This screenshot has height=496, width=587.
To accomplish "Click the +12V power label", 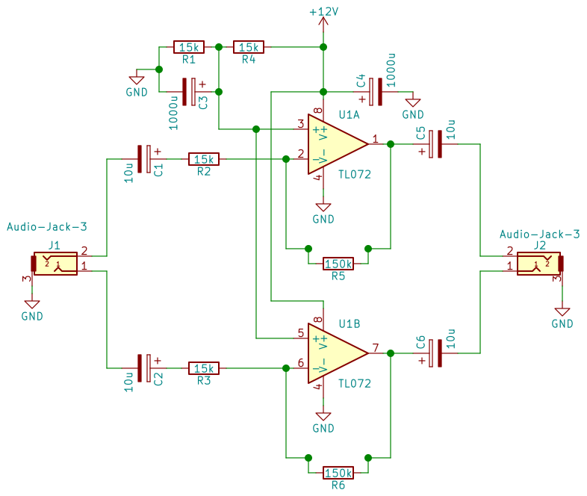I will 323,13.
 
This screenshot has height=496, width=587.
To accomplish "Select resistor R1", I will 188,47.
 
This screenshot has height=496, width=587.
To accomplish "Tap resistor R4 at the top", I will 248,47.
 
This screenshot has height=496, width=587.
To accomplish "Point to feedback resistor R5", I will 338,264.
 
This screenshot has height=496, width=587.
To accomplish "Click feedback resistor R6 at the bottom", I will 338,473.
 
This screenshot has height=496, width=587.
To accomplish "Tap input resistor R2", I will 203,159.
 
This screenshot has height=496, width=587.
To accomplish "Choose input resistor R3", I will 203,368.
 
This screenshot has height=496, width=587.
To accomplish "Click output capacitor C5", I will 435,144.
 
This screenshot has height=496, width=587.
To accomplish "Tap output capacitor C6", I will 435,353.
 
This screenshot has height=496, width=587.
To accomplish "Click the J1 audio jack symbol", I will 54,263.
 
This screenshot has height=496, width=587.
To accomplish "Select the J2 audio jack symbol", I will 539,263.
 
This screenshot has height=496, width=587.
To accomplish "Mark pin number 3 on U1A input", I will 300,123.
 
